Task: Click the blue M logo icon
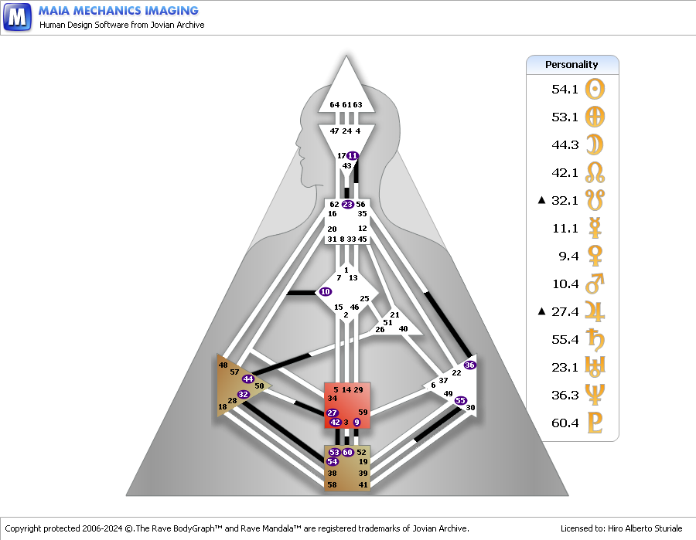17,17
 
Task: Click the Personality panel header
572,65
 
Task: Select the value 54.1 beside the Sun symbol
565,89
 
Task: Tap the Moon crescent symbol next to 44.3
595,144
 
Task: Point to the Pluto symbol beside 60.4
595,423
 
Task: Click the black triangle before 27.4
541,311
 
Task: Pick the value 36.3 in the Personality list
565,395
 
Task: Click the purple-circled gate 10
326,292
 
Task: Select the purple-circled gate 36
469,365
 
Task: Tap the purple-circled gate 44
247,379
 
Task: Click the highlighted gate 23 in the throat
347,205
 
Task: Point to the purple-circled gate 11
353,155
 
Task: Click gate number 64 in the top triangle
335,104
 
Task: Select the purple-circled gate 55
460,400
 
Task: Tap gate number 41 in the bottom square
363,484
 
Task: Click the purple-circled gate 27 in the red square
332,413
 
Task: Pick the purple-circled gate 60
347,452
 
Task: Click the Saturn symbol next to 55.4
595,339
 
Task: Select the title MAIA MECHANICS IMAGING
118,11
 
